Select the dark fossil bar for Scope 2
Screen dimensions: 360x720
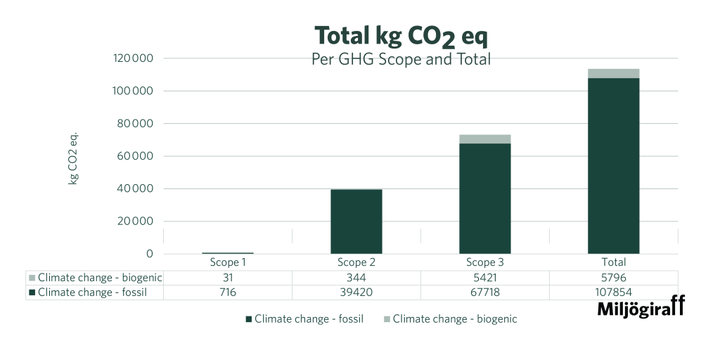click(x=356, y=221)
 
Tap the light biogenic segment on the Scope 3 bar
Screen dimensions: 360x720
click(x=485, y=139)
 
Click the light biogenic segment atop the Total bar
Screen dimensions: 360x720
click(x=614, y=73)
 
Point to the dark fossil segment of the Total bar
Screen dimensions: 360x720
click(x=614, y=165)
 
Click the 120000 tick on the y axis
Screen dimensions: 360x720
click(x=133, y=58)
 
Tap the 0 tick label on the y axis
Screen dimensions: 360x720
click(x=150, y=254)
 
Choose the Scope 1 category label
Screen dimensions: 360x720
click(x=228, y=263)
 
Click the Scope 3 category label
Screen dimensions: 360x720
click(x=485, y=263)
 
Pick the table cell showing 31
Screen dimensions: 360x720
click(x=228, y=278)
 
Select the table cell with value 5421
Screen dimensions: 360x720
click(x=485, y=278)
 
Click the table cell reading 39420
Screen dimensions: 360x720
click(x=356, y=292)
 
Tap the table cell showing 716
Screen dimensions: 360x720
click(x=228, y=292)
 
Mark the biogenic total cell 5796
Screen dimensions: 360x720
click(x=614, y=278)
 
